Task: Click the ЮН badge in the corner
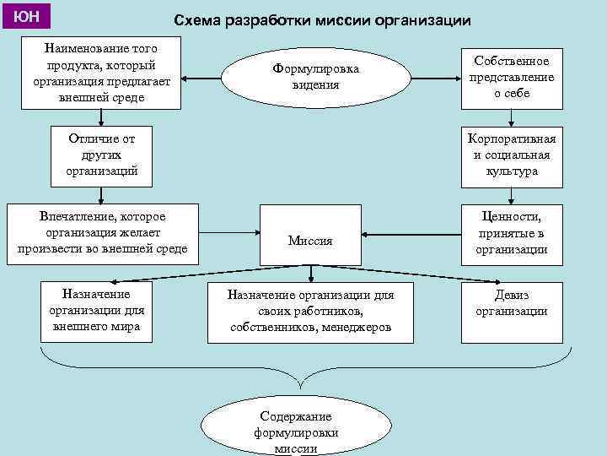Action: [x=25, y=16]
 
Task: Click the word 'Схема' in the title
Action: [x=198, y=19]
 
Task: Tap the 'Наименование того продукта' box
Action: [x=101, y=72]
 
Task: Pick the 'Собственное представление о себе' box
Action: [x=511, y=77]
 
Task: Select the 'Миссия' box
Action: [x=310, y=241]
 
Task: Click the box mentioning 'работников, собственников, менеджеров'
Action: [x=311, y=312]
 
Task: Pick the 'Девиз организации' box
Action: [x=511, y=303]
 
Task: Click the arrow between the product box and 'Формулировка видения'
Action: [x=212, y=79]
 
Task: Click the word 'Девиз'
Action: [x=511, y=296]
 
